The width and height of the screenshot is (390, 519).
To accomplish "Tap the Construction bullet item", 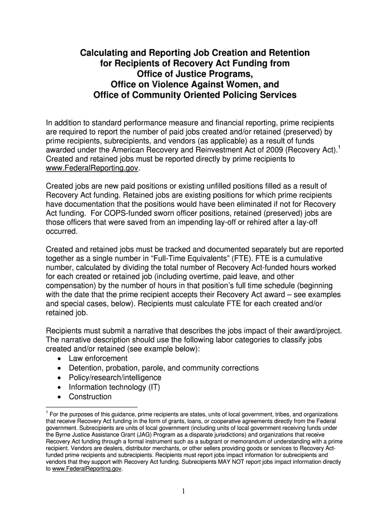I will pyautogui.click(x=90, y=397).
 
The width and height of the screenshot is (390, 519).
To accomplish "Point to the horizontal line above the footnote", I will pyautogui.click(x=91, y=406).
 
